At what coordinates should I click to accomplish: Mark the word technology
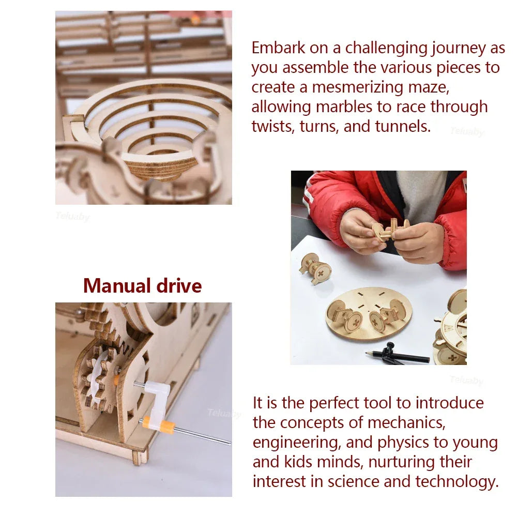point(457,482)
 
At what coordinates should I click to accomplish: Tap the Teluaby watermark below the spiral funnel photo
point(72,216)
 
